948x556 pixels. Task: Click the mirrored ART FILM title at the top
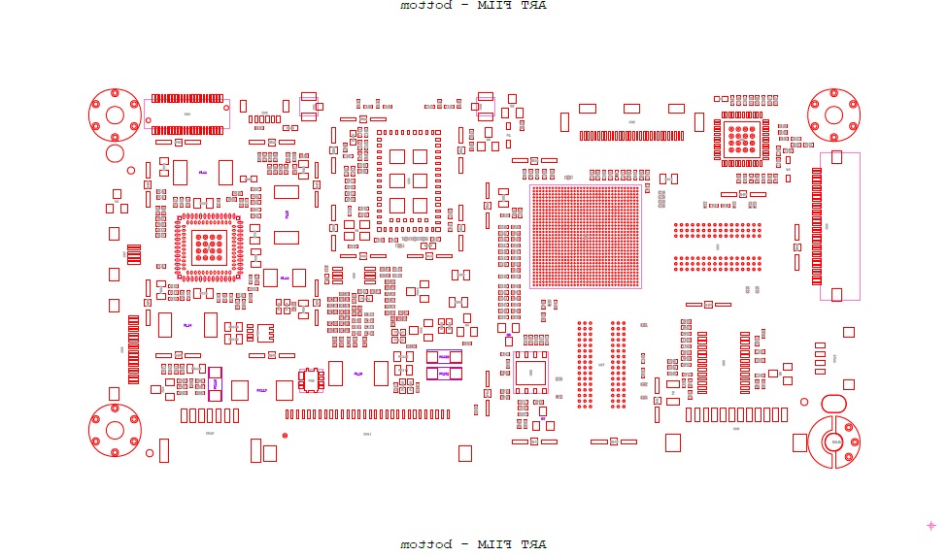(474, 6)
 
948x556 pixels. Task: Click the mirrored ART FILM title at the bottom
(474, 544)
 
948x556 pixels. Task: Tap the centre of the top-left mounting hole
(115, 114)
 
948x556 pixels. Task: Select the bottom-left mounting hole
(115, 429)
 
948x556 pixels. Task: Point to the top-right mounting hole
(833, 114)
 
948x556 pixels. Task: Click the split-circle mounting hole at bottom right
(833, 442)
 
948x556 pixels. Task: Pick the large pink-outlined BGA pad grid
(586, 236)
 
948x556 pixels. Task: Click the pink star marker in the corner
(931, 525)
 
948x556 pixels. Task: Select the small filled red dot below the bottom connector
(285, 436)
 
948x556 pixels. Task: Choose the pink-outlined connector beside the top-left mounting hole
(186, 114)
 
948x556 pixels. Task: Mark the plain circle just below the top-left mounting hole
(115, 153)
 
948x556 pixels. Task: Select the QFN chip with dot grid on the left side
(206, 247)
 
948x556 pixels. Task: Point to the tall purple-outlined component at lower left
(215, 382)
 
